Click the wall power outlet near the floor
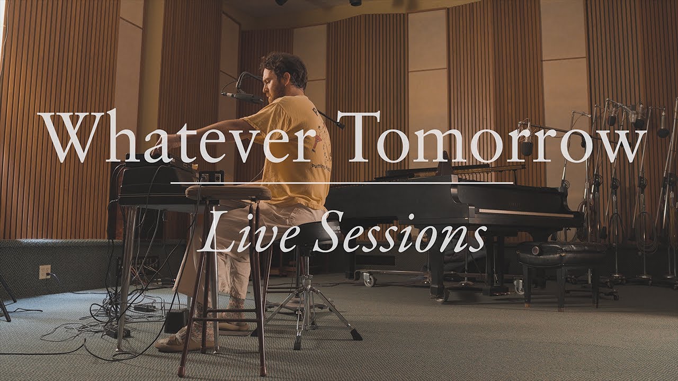45,271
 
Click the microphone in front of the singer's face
241,97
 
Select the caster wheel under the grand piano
367,279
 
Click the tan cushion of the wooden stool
228,193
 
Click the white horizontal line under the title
342,183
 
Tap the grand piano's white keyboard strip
524,213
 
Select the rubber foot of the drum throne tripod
356,335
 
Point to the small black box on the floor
175,321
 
